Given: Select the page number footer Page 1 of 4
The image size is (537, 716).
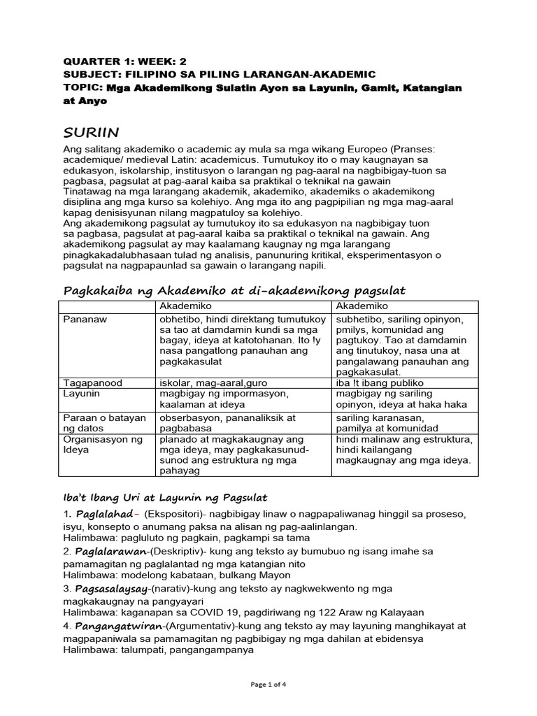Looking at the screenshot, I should [x=268, y=684].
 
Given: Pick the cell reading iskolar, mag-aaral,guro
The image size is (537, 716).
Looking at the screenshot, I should [x=213, y=382].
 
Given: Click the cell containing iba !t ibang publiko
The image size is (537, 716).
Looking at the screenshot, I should [x=380, y=382].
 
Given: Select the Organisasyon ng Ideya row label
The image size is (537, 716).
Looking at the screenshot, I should [x=93, y=445].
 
